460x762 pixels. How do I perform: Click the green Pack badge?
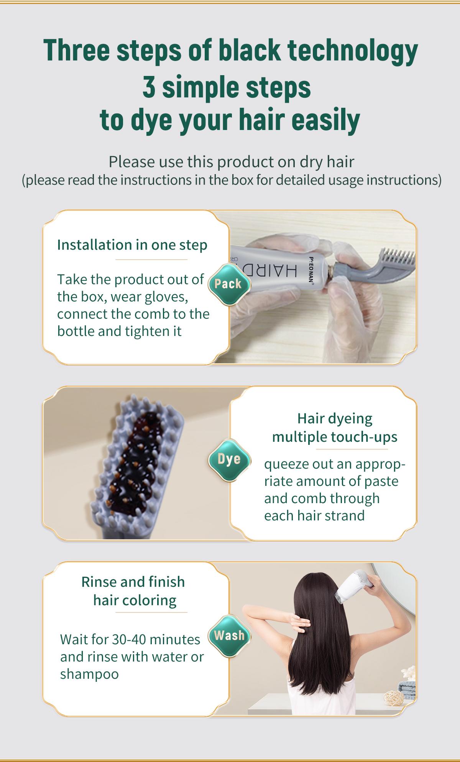[x=229, y=284]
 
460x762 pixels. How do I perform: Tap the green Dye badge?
[x=229, y=459]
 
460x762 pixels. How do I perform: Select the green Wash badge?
[x=229, y=635]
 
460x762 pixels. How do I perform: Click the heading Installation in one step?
[x=132, y=245]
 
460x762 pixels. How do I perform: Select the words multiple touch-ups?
[x=335, y=436]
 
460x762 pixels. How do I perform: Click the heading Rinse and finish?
[x=133, y=582]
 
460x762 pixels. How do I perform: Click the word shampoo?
[x=89, y=674]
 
